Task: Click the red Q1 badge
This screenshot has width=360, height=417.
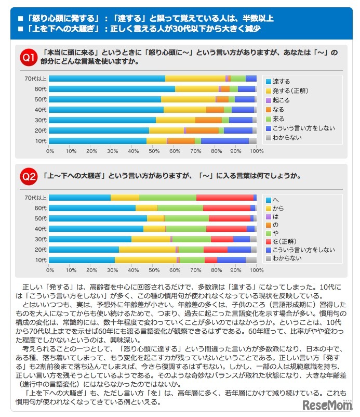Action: (28, 57)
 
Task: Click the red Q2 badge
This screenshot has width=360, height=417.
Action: (28, 177)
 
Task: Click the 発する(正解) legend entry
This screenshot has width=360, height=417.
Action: (291, 91)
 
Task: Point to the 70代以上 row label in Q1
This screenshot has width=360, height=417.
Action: (36, 79)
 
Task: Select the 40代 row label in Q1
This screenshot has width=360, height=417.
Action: (41, 110)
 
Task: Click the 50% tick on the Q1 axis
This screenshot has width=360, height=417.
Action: (153, 151)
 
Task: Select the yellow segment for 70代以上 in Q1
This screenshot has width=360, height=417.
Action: (195, 79)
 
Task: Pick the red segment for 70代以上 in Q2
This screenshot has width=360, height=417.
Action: (224, 198)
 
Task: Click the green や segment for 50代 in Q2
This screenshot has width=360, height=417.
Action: (186, 218)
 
